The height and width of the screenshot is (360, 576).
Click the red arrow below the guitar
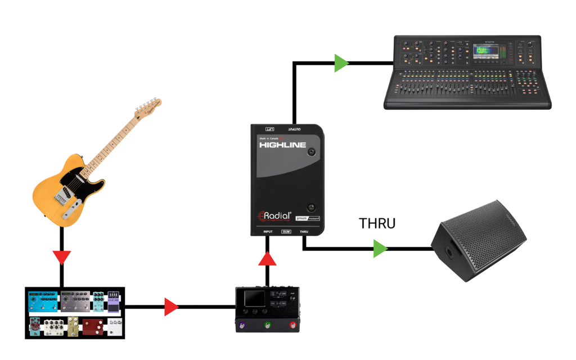pyautogui.click(x=61, y=258)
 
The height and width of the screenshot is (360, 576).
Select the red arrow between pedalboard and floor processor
pyautogui.click(x=171, y=307)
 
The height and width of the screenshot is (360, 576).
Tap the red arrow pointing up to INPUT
pyautogui.click(x=268, y=258)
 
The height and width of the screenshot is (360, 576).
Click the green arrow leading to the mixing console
pyautogui.click(x=341, y=63)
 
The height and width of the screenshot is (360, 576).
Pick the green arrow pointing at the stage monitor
pyautogui.click(x=381, y=249)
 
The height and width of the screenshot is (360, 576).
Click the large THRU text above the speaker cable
pyautogui.click(x=377, y=223)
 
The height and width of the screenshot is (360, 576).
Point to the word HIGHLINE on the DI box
pyautogui.click(x=282, y=145)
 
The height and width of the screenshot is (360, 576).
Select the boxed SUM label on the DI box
pyautogui.click(x=286, y=232)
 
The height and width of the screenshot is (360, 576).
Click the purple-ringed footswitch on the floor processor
pyautogui.click(x=243, y=326)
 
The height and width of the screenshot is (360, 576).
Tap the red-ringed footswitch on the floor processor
pyautogui.click(x=292, y=326)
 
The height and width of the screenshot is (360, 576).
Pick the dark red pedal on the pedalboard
pyautogui.click(x=93, y=326)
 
